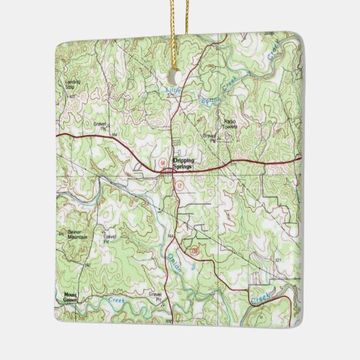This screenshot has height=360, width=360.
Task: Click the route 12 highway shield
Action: click(x=179, y=185)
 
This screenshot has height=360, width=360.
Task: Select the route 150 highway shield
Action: click(x=194, y=252)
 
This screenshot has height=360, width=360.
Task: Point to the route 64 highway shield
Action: click(x=163, y=164)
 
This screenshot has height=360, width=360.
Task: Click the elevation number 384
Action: click(x=171, y=235)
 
